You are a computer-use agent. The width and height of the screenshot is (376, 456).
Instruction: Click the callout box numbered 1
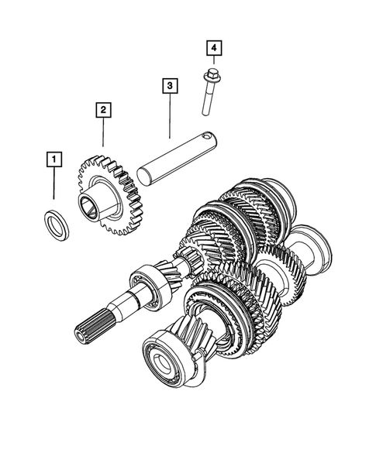[53, 160]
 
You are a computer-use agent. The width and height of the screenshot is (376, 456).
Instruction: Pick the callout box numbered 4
[212, 49]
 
